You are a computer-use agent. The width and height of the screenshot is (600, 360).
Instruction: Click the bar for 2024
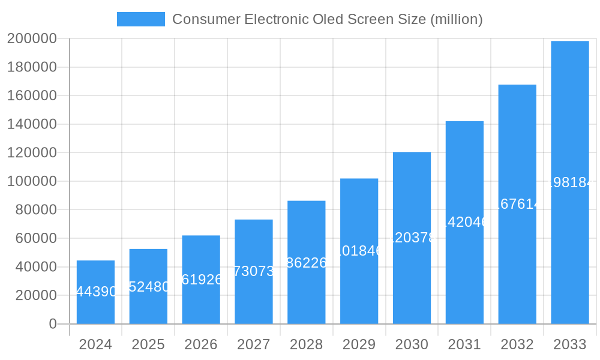pos(95,300)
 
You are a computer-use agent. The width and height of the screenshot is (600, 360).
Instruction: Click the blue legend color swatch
pos(140,19)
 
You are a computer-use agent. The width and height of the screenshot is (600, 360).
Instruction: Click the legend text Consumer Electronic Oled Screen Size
pos(327,19)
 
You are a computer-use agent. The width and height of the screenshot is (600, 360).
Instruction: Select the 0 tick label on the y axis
pos(52,324)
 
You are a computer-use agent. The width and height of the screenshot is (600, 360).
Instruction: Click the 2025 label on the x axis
pos(148,345)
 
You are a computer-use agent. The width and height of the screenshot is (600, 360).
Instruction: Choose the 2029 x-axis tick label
pos(359,345)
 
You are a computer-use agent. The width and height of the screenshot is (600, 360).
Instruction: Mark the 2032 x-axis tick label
pos(517,345)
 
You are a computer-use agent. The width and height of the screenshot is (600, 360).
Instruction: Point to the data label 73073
pos(254,271)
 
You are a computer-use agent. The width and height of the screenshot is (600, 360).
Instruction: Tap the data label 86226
pos(307,262)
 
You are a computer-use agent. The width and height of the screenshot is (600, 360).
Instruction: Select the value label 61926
pos(202,280)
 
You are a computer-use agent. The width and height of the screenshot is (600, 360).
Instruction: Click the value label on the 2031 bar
pos(464,222)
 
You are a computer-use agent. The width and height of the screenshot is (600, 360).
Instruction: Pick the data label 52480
pos(149,287)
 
